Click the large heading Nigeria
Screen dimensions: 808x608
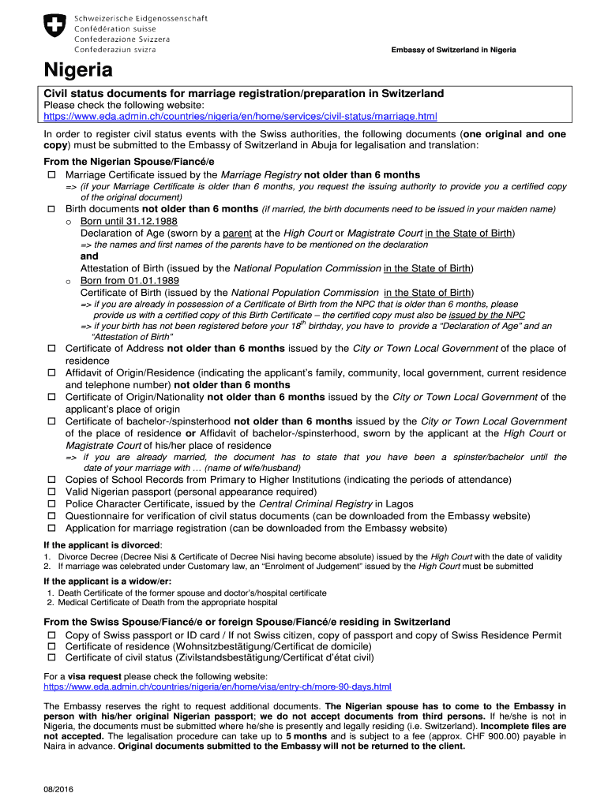[78, 71]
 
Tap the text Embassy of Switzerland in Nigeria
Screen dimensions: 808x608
[454, 50]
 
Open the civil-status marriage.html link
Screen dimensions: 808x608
[240, 117]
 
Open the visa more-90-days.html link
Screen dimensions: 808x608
[217, 686]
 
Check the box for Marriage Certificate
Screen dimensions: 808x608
[52, 174]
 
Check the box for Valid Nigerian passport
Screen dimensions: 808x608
[52, 492]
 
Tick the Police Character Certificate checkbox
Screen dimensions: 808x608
[52, 503]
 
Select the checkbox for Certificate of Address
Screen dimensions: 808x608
[52, 348]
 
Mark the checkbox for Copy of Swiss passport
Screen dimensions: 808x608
[52, 635]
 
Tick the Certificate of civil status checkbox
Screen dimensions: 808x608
[52, 657]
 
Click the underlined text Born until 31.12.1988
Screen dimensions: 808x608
[129, 222]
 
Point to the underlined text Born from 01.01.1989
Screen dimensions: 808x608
[129, 280]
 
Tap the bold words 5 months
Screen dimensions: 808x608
[308, 735]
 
